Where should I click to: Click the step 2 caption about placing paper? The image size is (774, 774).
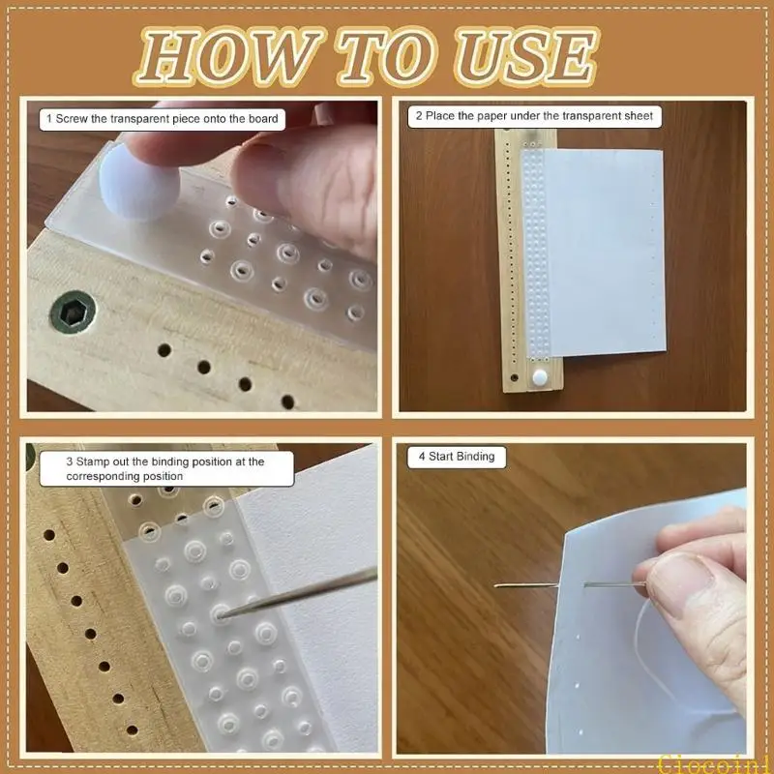tap(534, 116)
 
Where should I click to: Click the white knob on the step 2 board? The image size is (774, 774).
tap(538, 374)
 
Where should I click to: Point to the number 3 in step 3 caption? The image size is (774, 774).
tap(70, 462)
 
